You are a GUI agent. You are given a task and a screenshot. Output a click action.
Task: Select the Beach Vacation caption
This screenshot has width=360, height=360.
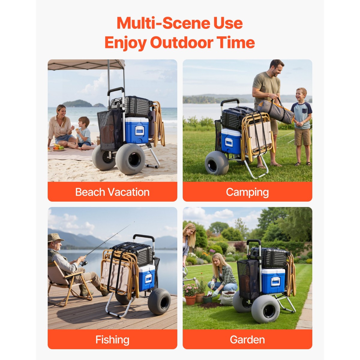point(112,192)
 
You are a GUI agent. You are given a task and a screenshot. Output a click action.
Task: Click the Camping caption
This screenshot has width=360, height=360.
point(247,192)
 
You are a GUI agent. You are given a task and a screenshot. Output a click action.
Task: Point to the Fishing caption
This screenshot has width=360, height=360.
point(112,340)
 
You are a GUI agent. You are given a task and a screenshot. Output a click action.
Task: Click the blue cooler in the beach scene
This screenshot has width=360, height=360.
point(137,130)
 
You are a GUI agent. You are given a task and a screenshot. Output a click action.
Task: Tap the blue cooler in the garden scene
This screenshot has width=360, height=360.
point(273,281)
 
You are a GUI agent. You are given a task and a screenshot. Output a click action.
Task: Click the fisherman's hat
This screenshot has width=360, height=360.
point(55,238)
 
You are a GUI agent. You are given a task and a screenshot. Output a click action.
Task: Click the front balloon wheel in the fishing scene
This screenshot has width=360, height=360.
point(159,304)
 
